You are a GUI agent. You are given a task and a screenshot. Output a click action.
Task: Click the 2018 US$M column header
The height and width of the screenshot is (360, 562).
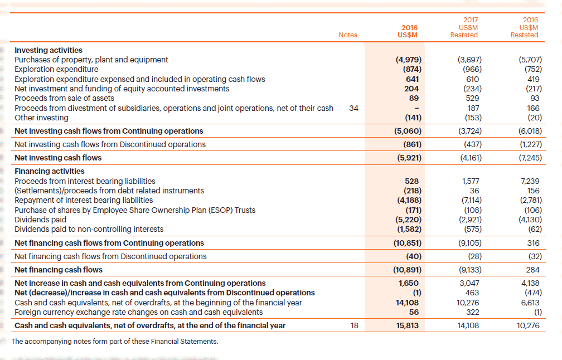point(408,31)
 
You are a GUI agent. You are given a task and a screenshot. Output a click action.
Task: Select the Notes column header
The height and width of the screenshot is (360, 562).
point(348,35)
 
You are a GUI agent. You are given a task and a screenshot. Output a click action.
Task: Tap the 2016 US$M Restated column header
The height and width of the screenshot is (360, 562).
point(525,27)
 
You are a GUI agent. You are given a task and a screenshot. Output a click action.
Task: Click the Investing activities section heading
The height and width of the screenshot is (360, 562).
point(49,50)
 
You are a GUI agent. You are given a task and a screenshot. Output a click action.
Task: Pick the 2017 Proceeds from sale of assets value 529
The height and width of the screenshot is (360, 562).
point(472,98)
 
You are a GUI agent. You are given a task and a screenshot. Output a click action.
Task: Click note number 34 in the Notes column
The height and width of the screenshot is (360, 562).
point(353,108)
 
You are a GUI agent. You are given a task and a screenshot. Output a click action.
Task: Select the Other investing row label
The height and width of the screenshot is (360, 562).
point(42,118)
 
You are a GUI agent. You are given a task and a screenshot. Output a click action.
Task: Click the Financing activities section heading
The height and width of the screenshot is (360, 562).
point(50,171)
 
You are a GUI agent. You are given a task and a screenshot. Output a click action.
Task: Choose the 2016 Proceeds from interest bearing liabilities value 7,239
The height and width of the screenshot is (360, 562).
point(530,181)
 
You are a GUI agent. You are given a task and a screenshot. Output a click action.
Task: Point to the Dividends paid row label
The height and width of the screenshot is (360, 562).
point(41,220)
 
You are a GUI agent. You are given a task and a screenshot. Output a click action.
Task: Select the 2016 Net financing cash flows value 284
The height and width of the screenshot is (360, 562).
point(533,270)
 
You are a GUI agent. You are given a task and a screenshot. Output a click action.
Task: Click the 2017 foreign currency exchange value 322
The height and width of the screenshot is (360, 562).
point(473,312)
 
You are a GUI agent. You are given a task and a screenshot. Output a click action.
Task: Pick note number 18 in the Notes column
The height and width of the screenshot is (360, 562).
point(355,325)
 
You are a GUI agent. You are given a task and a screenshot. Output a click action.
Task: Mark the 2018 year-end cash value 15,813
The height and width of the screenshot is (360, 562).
point(408,325)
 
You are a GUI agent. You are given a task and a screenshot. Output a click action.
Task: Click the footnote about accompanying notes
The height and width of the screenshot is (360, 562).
point(115,342)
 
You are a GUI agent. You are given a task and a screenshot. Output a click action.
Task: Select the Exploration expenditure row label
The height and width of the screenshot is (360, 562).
point(56,69)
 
